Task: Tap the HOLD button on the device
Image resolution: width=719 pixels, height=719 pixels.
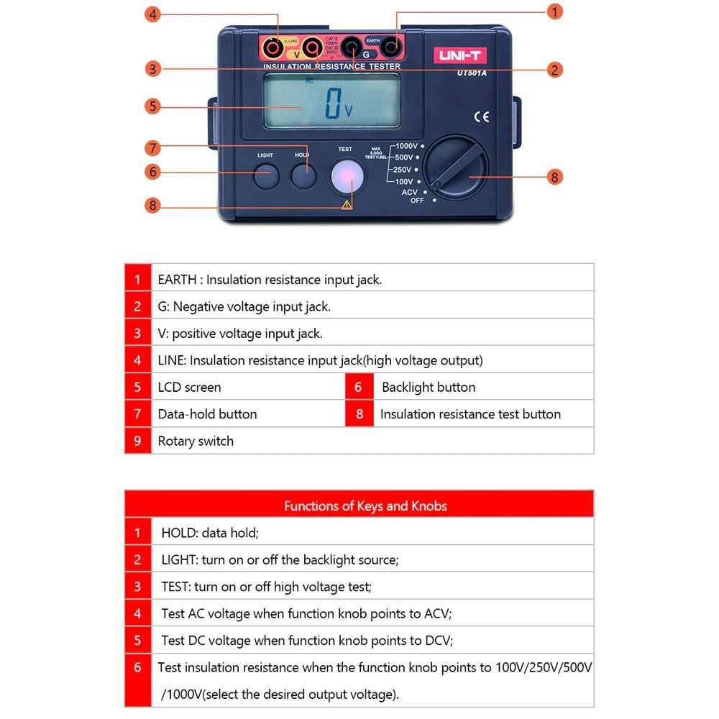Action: tap(303, 176)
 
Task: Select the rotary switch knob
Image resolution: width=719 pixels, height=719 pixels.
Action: tap(455, 167)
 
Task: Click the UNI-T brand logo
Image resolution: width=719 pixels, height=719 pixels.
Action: tap(459, 55)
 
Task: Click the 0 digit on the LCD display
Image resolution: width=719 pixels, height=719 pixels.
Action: tap(332, 104)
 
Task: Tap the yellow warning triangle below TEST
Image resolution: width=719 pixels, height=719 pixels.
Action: tap(347, 205)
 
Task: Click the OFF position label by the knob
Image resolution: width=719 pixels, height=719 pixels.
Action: tap(417, 201)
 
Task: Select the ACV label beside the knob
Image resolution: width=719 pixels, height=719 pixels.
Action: tap(409, 192)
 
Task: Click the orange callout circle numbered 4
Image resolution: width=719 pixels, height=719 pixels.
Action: tap(152, 14)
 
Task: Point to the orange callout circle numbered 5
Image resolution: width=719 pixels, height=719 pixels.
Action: tap(152, 106)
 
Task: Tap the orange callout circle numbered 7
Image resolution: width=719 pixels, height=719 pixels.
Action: tap(152, 148)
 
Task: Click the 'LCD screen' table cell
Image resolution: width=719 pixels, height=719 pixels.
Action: tap(190, 387)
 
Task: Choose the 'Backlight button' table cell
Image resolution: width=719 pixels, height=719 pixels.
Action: tap(429, 387)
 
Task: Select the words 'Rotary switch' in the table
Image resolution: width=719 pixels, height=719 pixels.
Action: tap(196, 441)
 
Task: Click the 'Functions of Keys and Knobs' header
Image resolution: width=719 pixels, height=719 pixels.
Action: tap(365, 505)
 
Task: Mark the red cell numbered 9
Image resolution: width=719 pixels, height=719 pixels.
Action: tap(137, 441)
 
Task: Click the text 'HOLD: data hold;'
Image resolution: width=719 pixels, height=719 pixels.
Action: tap(209, 533)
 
